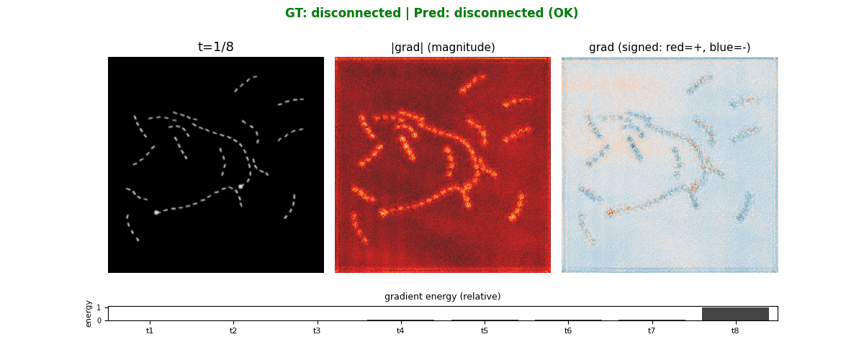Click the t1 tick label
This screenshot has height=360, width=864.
[150, 330]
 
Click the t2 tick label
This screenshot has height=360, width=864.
[233, 330]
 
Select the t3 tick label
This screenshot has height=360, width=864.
[317, 330]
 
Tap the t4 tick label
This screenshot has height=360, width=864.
[400, 330]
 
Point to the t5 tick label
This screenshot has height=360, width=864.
[485, 330]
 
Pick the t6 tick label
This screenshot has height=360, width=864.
[568, 330]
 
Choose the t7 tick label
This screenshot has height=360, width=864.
[652, 330]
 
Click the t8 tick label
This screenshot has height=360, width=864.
[735, 330]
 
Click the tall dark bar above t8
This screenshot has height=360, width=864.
[735, 314]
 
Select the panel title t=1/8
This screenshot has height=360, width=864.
[216, 48]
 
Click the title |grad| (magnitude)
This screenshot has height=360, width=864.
[443, 48]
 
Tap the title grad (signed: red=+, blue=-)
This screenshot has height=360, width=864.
[670, 48]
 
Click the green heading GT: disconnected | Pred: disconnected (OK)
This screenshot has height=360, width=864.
[432, 13]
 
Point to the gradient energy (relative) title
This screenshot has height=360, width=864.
[442, 297]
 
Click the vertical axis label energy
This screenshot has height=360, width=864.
[89, 313]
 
